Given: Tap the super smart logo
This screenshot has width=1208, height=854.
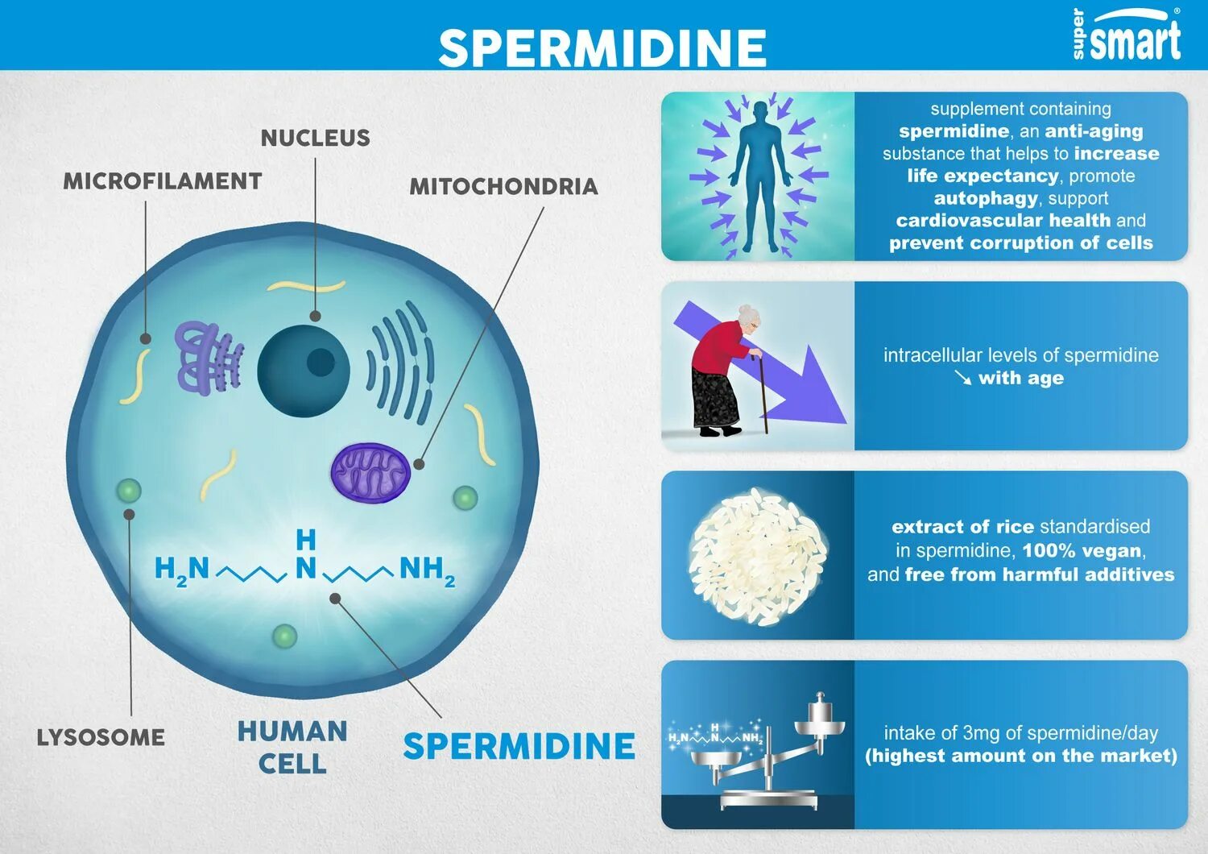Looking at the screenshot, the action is [1127, 36].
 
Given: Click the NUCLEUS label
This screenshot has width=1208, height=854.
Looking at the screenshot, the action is [315, 138].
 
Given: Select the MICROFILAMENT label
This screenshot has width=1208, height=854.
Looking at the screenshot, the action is [163, 181].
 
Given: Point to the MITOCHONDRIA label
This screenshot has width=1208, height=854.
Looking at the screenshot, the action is [503, 187].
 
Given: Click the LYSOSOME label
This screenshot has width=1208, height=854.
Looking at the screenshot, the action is [101, 737].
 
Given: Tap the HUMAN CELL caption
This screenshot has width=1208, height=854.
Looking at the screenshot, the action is [292, 747].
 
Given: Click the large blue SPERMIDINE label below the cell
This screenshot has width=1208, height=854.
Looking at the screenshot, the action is [519, 746].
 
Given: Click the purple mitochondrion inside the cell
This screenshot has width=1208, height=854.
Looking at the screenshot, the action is [370, 473].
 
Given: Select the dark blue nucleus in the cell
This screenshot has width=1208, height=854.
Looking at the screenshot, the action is [303, 371].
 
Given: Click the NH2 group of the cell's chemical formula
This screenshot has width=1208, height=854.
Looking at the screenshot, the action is [426, 570].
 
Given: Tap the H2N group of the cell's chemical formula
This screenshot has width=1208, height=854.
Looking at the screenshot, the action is [182, 570].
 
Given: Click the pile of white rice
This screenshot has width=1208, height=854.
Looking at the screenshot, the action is [757, 556].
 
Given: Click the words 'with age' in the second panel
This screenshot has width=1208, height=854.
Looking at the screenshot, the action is [1020, 378].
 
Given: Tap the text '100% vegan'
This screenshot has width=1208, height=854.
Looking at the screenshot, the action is [1082, 551].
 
